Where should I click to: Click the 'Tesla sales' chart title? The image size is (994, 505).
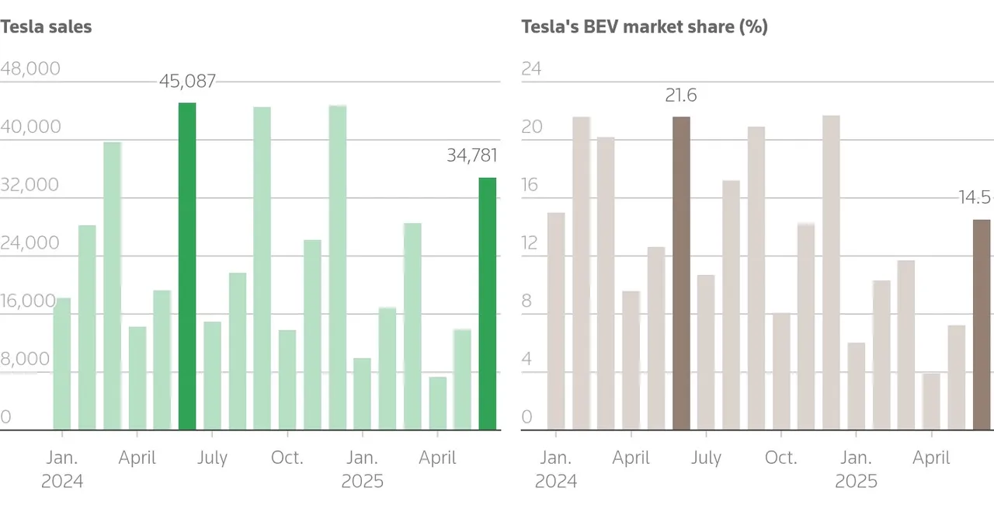pyautogui.click(x=46, y=26)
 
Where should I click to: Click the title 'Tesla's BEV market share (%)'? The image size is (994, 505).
pyautogui.click(x=644, y=26)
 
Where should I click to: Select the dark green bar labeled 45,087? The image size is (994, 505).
pyautogui.click(x=187, y=266)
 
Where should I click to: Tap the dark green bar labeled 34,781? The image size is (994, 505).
pyautogui.click(x=487, y=304)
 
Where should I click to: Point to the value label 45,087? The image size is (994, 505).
pyautogui.click(x=187, y=81)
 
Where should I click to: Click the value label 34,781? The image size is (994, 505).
pyautogui.click(x=471, y=155)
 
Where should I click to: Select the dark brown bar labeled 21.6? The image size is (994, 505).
pyautogui.click(x=681, y=273)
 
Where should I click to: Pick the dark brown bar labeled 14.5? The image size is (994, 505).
pyautogui.click(x=982, y=325)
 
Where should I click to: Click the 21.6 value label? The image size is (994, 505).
pyautogui.click(x=681, y=96)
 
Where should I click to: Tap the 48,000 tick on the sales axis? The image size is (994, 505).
pyautogui.click(x=30, y=68)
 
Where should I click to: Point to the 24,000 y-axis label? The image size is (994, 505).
pyautogui.click(x=30, y=243)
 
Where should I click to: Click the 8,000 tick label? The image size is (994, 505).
pyautogui.click(x=25, y=359)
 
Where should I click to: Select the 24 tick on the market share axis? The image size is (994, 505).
pyautogui.click(x=531, y=68)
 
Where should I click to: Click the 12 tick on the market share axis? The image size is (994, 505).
pyautogui.click(x=530, y=243)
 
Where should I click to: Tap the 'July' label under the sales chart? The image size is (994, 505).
pyautogui.click(x=212, y=458)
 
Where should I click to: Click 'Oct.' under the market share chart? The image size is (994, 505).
pyautogui.click(x=781, y=458)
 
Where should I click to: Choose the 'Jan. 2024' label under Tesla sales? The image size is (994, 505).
pyautogui.click(x=62, y=469)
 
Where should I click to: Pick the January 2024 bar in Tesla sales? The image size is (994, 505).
pyautogui.click(x=62, y=364)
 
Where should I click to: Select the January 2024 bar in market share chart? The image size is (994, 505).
pyautogui.click(x=556, y=321)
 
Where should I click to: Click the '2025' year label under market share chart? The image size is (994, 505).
pyautogui.click(x=857, y=481)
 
